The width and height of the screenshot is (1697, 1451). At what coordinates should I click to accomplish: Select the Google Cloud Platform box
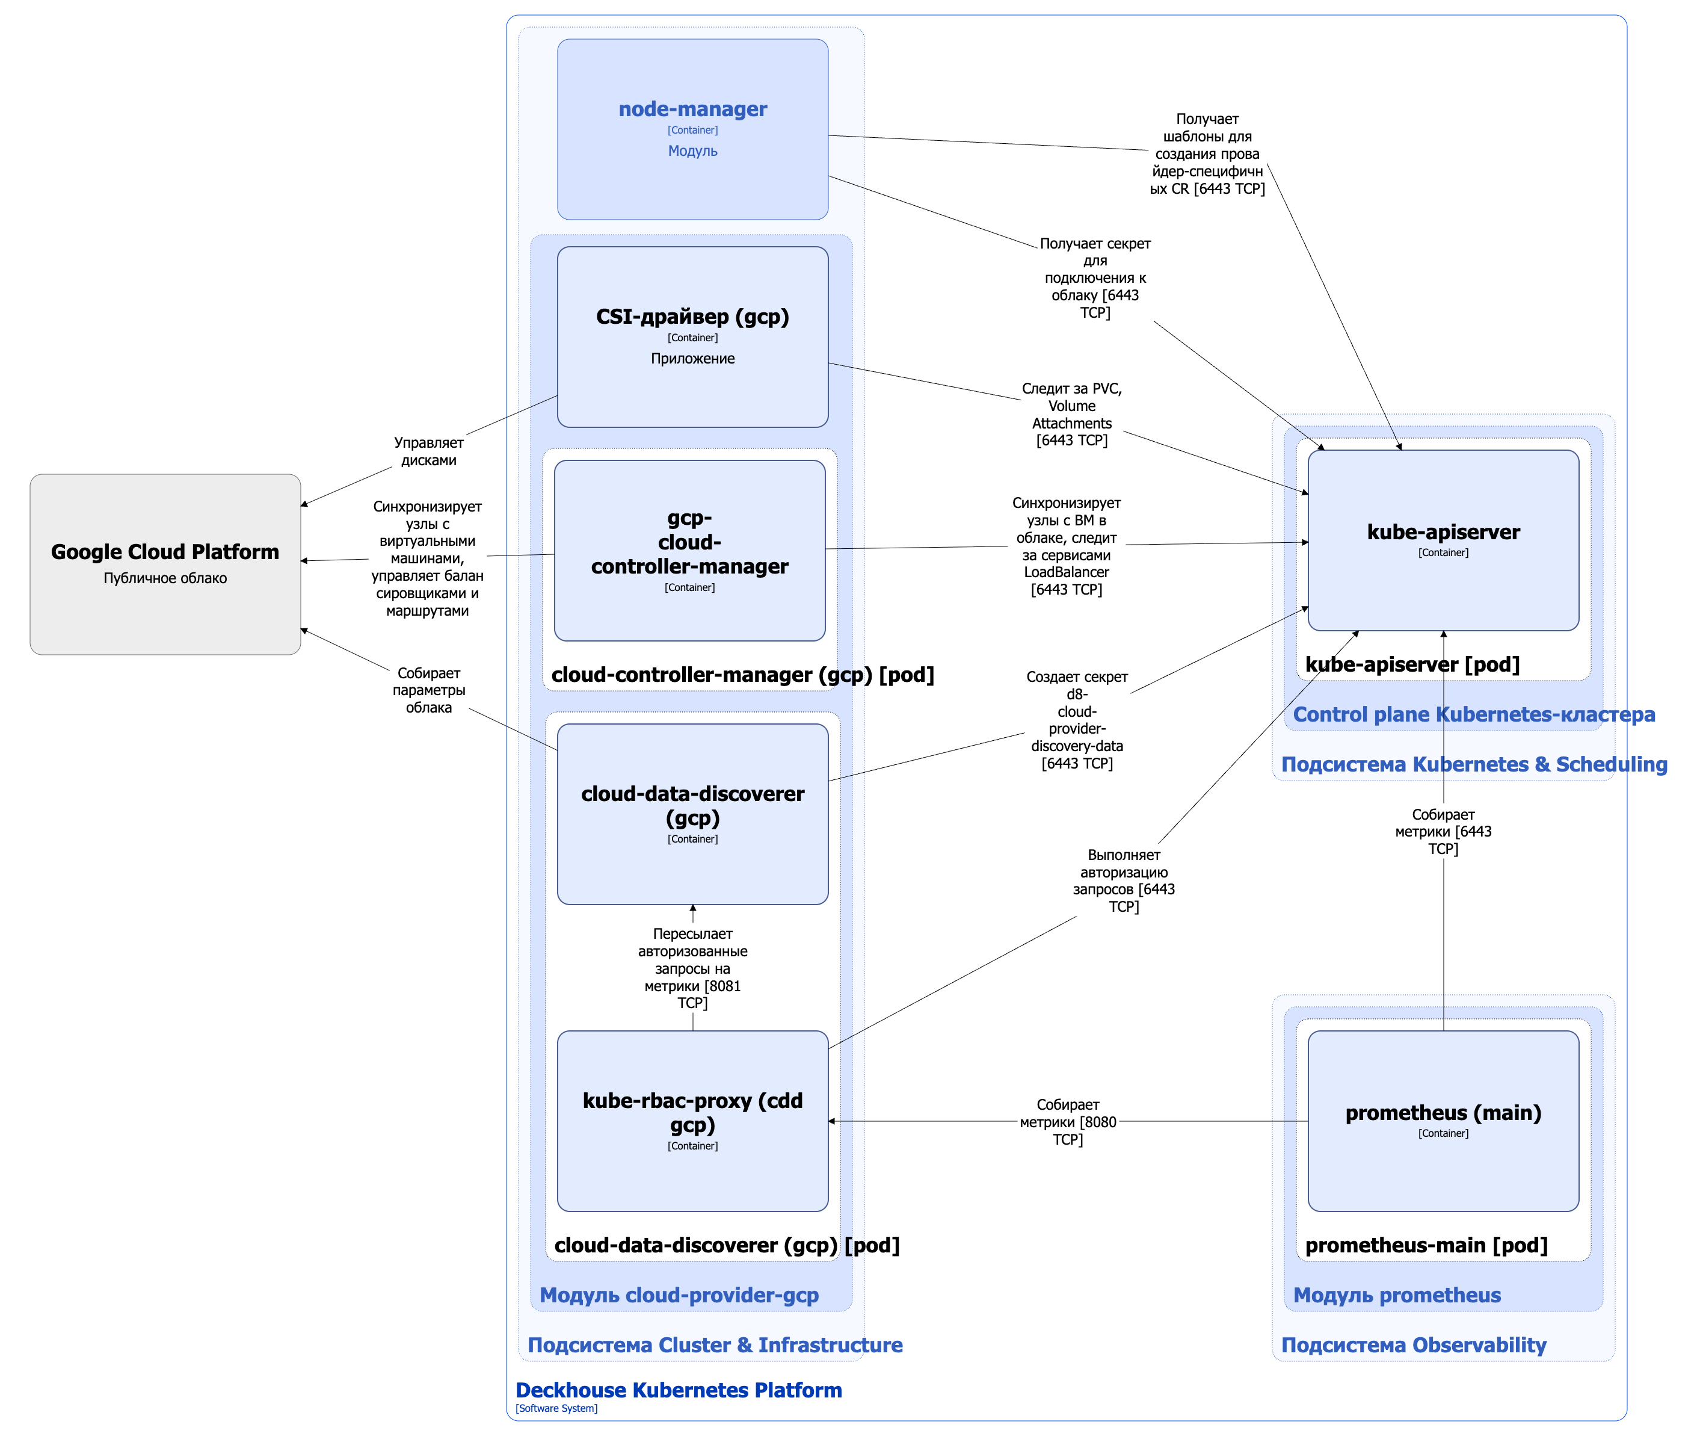[x=165, y=564]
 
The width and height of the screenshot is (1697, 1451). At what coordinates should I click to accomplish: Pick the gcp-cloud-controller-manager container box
[x=689, y=551]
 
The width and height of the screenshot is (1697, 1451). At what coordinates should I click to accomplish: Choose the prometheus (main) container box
[x=1443, y=1120]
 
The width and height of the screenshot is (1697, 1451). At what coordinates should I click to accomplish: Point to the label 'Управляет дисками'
[x=428, y=451]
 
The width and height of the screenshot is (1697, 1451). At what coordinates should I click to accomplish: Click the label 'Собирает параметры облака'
[x=428, y=690]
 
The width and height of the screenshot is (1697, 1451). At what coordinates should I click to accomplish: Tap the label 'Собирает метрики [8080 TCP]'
[x=1067, y=1122]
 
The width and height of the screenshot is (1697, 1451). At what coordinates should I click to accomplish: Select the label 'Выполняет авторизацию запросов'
[x=1124, y=880]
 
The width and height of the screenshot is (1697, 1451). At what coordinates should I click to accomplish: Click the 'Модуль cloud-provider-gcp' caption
[x=679, y=1295]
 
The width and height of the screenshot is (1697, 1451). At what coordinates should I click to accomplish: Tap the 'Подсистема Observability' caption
[x=1413, y=1345]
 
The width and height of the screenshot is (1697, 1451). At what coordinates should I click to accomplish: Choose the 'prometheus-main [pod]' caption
[x=1426, y=1245]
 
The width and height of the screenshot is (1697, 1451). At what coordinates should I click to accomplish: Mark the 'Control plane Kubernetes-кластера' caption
[x=1473, y=714]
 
